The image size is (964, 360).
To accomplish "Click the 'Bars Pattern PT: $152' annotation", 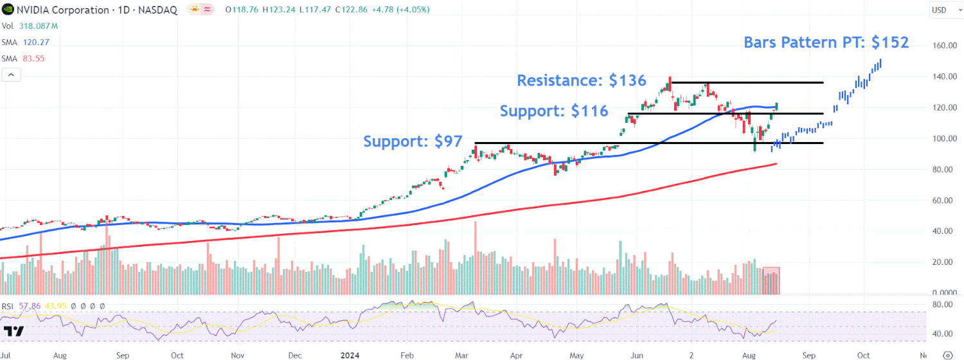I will tap(826, 43).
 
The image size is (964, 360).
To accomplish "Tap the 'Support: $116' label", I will tap(554, 111).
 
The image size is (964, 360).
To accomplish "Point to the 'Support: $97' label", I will tap(413, 141).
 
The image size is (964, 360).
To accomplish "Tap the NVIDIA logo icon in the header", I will tap(6, 10).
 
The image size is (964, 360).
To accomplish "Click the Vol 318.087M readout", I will tap(30, 26).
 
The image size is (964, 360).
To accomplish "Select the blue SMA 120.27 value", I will tap(35, 42).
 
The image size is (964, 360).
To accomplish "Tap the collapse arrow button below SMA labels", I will tap(11, 75).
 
